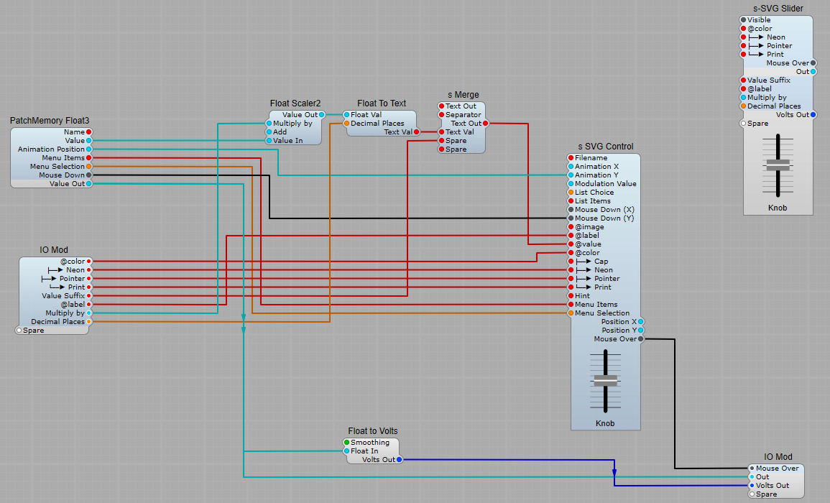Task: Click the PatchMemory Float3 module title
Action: (x=50, y=121)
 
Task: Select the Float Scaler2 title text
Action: (x=295, y=103)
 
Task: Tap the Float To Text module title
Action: (x=382, y=103)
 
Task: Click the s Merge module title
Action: (x=463, y=95)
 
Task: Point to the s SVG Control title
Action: (x=604, y=147)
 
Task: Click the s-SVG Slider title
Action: (x=778, y=9)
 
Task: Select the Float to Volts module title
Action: (x=373, y=431)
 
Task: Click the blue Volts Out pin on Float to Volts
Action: (x=399, y=460)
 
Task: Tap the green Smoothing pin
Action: (x=346, y=443)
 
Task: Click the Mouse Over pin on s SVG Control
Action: (x=641, y=339)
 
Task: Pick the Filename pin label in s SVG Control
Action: (x=591, y=158)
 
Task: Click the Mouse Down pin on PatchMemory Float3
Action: (x=89, y=175)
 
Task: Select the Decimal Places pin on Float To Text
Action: (x=346, y=124)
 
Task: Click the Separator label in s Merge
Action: (x=463, y=115)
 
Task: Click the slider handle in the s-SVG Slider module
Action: (x=778, y=165)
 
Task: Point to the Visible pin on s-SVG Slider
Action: (x=744, y=20)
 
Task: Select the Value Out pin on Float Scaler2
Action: (x=322, y=115)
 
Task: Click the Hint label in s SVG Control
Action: (x=582, y=296)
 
